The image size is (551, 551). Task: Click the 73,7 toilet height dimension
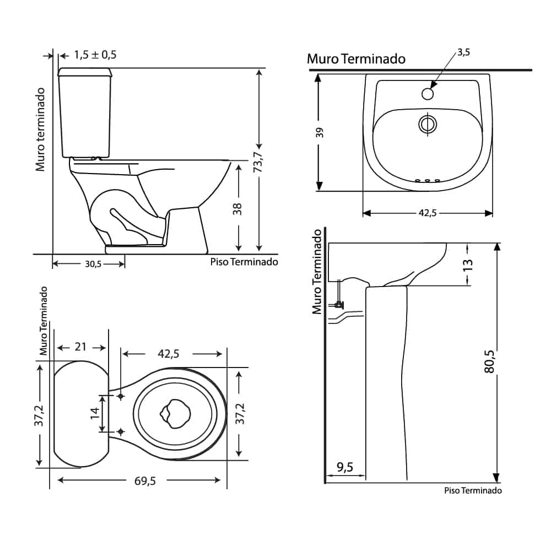click(258, 162)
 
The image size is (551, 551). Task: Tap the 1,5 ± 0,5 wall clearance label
click(95, 55)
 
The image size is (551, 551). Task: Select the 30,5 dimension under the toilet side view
click(93, 264)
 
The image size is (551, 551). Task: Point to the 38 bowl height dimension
click(237, 209)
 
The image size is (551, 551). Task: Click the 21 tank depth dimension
click(80, 347)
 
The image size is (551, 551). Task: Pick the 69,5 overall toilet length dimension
click(145, 480)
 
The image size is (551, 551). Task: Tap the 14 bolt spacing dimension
click(95, 413)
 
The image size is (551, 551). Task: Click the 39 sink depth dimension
click(320, 132)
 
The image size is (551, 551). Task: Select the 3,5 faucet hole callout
click(463, 52)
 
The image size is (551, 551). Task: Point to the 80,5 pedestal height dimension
click(489, 361)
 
